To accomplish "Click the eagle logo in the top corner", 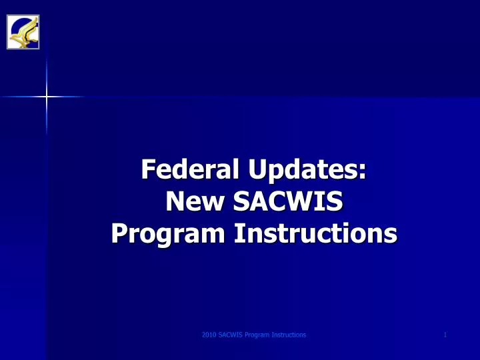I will pyautogui.click(x=23, y=31).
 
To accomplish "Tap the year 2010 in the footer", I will pyautogui.click(x=208, y=335).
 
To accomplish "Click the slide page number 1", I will pyautogui.click(x=445, y=335).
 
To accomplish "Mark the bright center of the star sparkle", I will pyautogui.click(x=47, y=97).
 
